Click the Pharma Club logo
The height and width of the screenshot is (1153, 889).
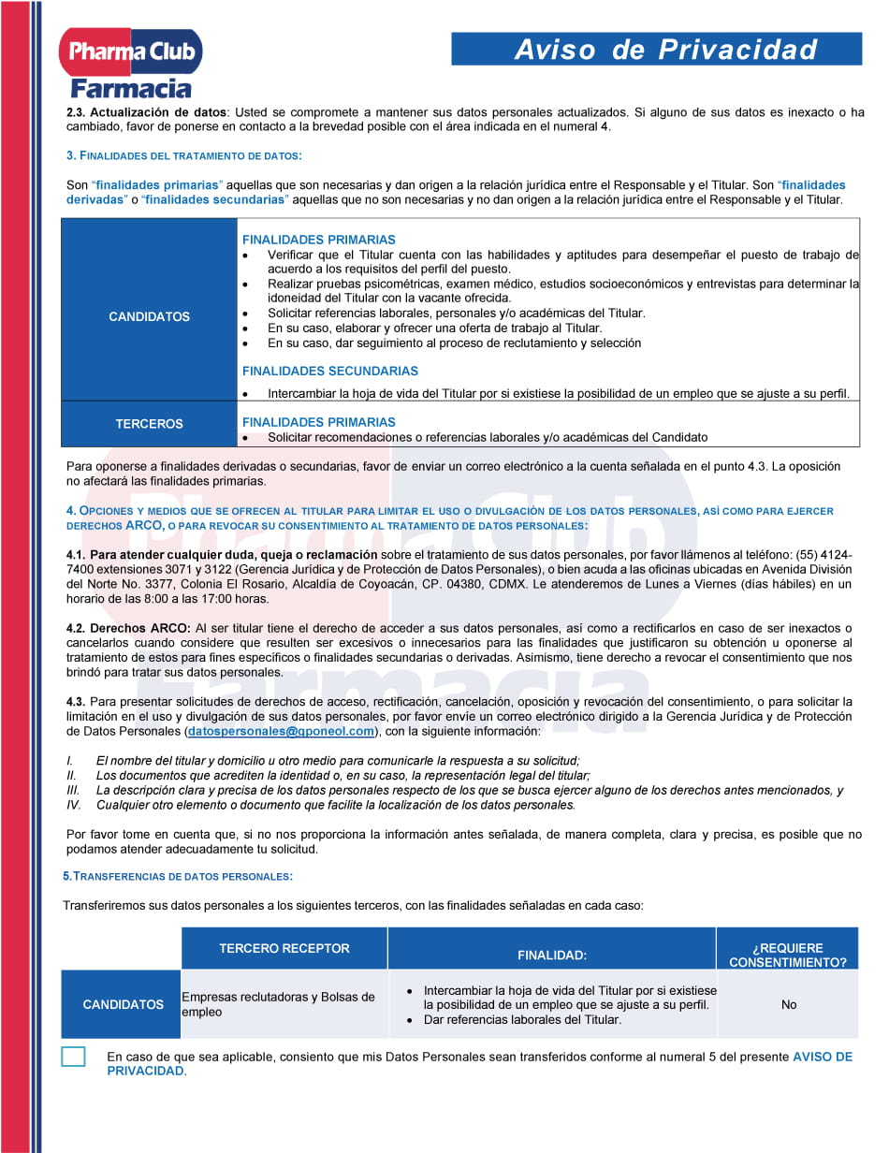[x=131, y=62]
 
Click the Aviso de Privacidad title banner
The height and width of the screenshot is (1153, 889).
[x=656, y=50]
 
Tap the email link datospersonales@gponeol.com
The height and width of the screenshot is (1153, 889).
[x=281, y=731]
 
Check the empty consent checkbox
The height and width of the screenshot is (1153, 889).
[x=73, y=1057]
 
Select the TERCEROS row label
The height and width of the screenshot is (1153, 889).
[x=149, y=424]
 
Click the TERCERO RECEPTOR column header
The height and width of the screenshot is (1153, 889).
[x=284, y=948]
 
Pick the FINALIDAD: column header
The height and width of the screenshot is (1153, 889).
[x=552, y=955]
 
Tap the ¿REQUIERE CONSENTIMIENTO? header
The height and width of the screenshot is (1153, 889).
[x=787, y=955]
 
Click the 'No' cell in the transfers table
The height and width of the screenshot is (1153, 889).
[x=789, y=1004]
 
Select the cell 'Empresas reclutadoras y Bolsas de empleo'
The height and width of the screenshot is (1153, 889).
[x=278, y=1004]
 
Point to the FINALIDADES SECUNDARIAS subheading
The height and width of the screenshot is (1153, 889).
[x=329, y=371]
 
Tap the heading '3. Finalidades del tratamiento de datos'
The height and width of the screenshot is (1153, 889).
[x=183, y=155]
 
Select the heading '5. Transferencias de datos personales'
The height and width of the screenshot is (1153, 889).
[x=178, y=876]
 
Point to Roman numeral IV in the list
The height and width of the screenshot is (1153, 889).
[x=74, y=804]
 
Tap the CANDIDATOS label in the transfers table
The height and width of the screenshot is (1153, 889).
[x=123, y=1004]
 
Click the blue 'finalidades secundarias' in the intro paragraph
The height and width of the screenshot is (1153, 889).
[x=212, y=199]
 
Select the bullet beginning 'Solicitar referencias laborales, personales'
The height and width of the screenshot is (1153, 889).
[x=456, y=313]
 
